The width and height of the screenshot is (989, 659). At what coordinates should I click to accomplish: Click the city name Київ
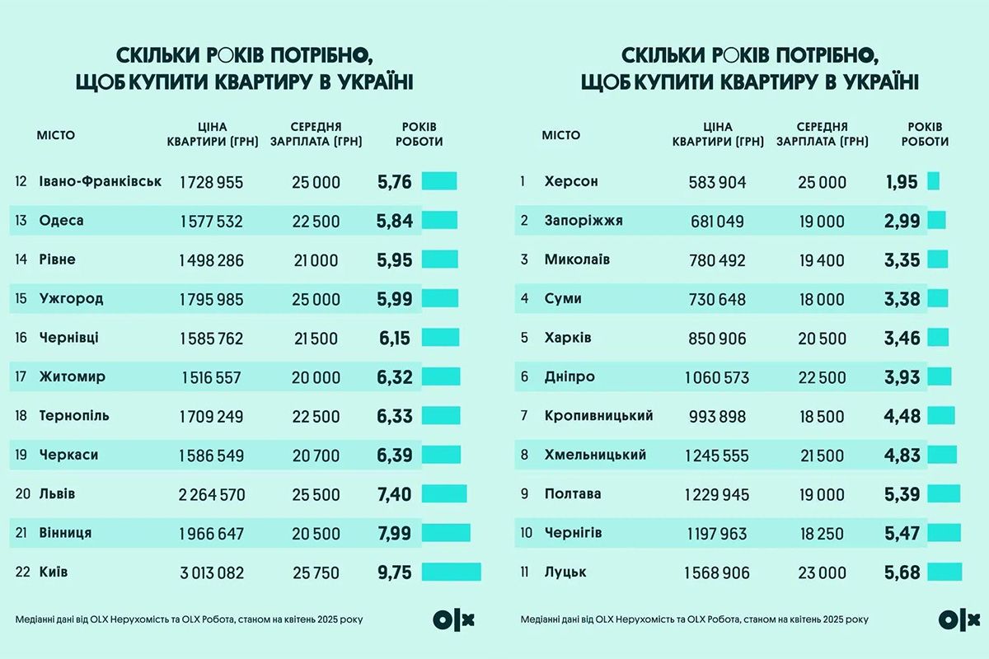pyautogui.click(x=54, y=572)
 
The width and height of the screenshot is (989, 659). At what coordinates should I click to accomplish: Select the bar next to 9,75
pyautogui.click(x=451, y=572)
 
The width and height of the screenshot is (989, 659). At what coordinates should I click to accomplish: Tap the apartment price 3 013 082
pyautogui.click(x=212, y=573)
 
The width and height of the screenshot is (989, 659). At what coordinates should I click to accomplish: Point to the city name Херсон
pyautogui.click(x=571, y=181)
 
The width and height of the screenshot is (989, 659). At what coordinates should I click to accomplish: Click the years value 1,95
pyautogui.click(x=901, y=181)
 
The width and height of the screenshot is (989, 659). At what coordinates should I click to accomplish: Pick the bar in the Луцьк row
pyautogui.click(x=944, y=572)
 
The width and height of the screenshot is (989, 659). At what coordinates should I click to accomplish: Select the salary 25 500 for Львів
pyautogui.click(x=316, y=494)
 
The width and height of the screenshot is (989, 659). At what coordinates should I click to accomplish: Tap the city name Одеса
pyautogui.click(x=62, y=221)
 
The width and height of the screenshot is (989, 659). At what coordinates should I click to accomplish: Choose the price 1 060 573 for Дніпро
pyautogui.click(x=717, y=377)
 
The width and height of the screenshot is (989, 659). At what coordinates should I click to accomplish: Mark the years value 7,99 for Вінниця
pyautogui.click(x=394, y=533)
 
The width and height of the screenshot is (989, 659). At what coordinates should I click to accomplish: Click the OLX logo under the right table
pyautogui.click(x=959, y=619)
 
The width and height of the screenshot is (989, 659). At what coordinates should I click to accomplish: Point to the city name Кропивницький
pyautogui.click(x=598, y=416)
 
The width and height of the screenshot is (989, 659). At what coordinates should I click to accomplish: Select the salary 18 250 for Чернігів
pyautogui.click(x=822, y=533)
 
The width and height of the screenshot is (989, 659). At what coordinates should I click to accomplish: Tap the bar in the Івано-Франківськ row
pyautogui.click(x=439, y=181)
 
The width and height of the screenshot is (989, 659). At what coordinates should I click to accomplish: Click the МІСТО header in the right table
pyautogui.click(x=561, y=135)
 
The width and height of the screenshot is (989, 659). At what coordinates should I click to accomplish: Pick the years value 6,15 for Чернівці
pyautogui.click(x=394, y=338)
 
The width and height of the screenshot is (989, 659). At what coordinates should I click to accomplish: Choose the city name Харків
pyautogui.click(x=568, y=338)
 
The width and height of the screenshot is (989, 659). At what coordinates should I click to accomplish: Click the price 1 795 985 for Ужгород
pyautogui.click(x=212, y=299)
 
